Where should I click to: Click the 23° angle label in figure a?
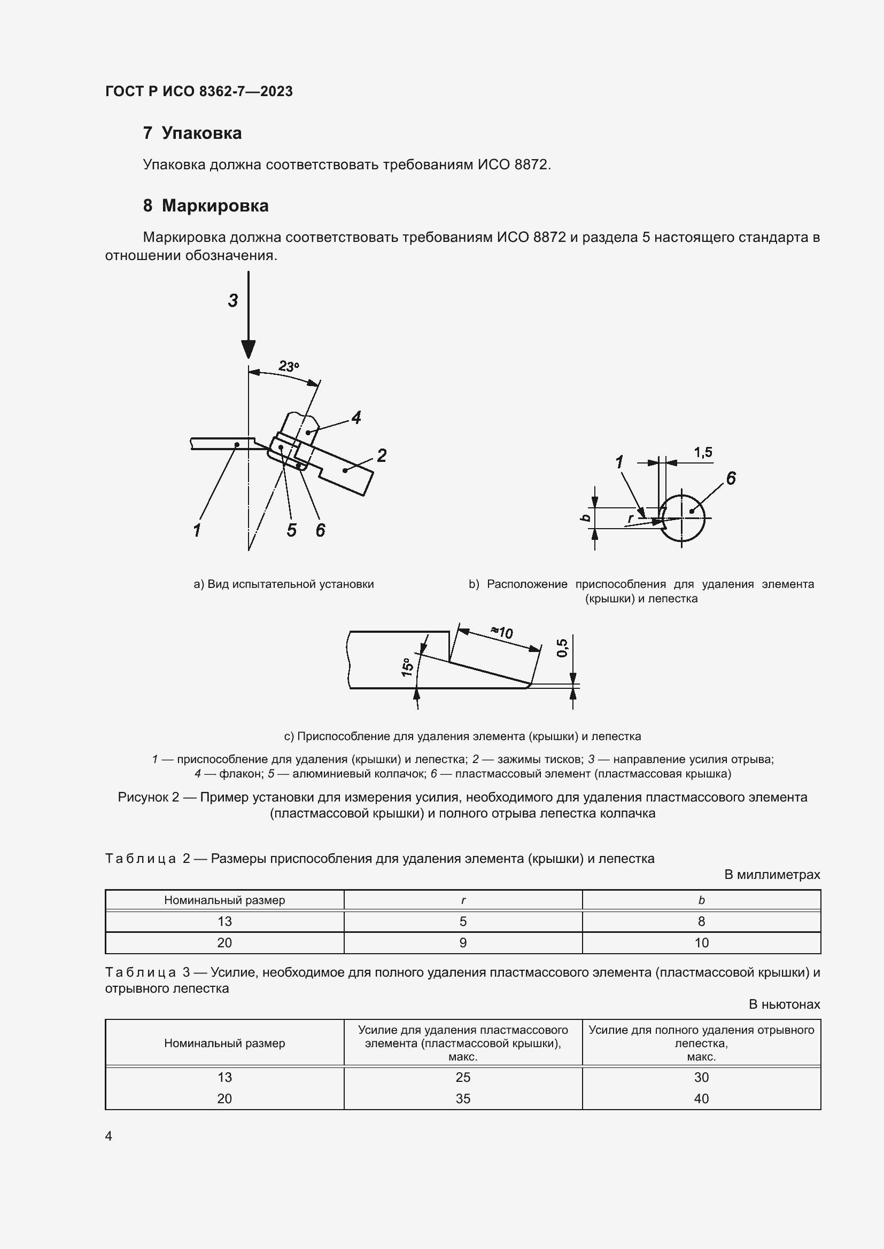[x=289, y=366]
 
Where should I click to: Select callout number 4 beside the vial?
[x=356, y=418]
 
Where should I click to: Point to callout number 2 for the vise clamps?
[x=382, y=455]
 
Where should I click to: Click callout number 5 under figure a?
[x=292, y=530]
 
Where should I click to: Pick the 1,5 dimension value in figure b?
[x=703, y=452]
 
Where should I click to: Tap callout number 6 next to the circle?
[x=731, y=478]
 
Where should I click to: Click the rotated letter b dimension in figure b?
[x=586, y=517]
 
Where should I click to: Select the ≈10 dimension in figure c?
[x=502, y=632]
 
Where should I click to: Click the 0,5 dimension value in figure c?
[x=562, y=647]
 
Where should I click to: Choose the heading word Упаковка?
[x=201, y=133]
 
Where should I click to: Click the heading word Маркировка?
[x=215, y=206]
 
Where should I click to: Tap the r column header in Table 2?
[x=463, y=900]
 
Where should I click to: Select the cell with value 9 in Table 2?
[x=463, y=942]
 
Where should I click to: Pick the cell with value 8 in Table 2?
[x=701, y=921]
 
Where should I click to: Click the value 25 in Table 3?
[x=463, y=1077]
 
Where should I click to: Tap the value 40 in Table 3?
[x=701, y=1098]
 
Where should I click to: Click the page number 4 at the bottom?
[x=109, y=1136]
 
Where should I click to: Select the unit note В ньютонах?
[x=784, y=1004]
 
